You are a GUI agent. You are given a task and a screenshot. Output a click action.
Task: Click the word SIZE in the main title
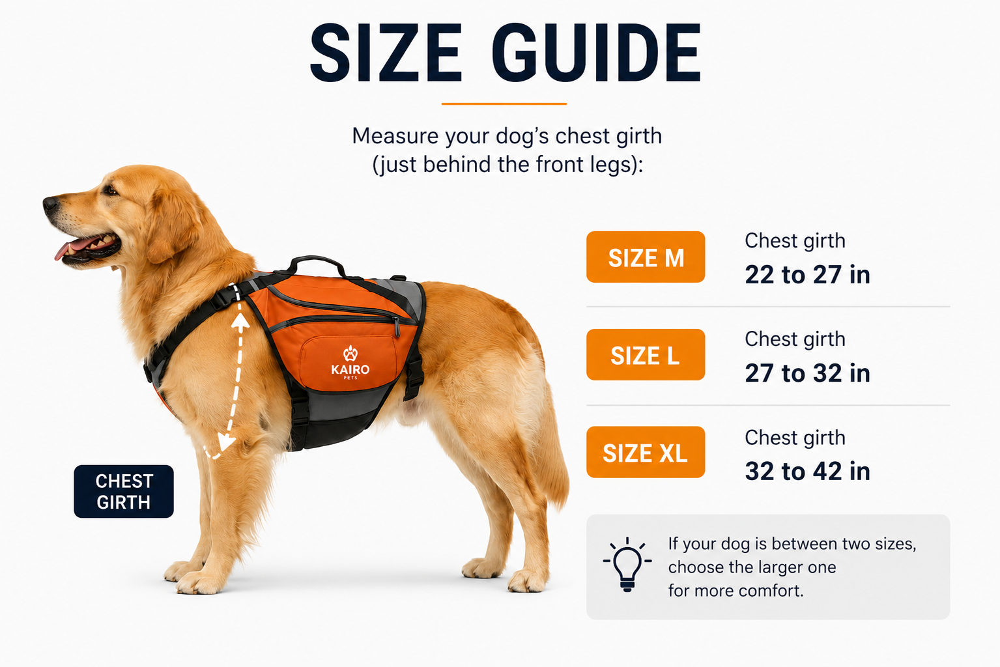[x=386, y=53]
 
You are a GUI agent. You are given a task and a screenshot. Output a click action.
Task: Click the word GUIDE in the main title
[x=597, y=53]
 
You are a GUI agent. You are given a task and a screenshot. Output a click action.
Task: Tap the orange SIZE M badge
[x=646, y=257]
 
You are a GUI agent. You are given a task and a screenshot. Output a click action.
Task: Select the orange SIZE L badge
[x=646, y=354]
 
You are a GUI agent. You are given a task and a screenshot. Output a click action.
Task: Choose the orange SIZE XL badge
[x=646, y=452]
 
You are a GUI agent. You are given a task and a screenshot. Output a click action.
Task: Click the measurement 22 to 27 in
[x=807, y=274]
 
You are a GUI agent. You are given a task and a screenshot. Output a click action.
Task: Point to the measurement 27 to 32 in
[x=807, y=373]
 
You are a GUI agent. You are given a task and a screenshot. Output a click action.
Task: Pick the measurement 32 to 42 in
[x=807, y=470]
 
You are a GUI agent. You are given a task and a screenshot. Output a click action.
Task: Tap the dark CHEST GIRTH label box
[x=124, y=491]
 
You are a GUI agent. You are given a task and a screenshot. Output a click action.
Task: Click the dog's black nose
[x=50, y=204]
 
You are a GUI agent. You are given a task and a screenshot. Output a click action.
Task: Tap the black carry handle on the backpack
[x=317, y=263]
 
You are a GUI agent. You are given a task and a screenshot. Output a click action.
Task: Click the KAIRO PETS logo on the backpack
[x=350, y=363]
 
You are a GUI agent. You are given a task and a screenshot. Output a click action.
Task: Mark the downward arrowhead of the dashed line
[x=226, y=442]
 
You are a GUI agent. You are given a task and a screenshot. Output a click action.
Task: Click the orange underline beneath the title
[x=504, y=104]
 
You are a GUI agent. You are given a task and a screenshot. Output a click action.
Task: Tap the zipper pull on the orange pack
[x=397, y=327]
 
